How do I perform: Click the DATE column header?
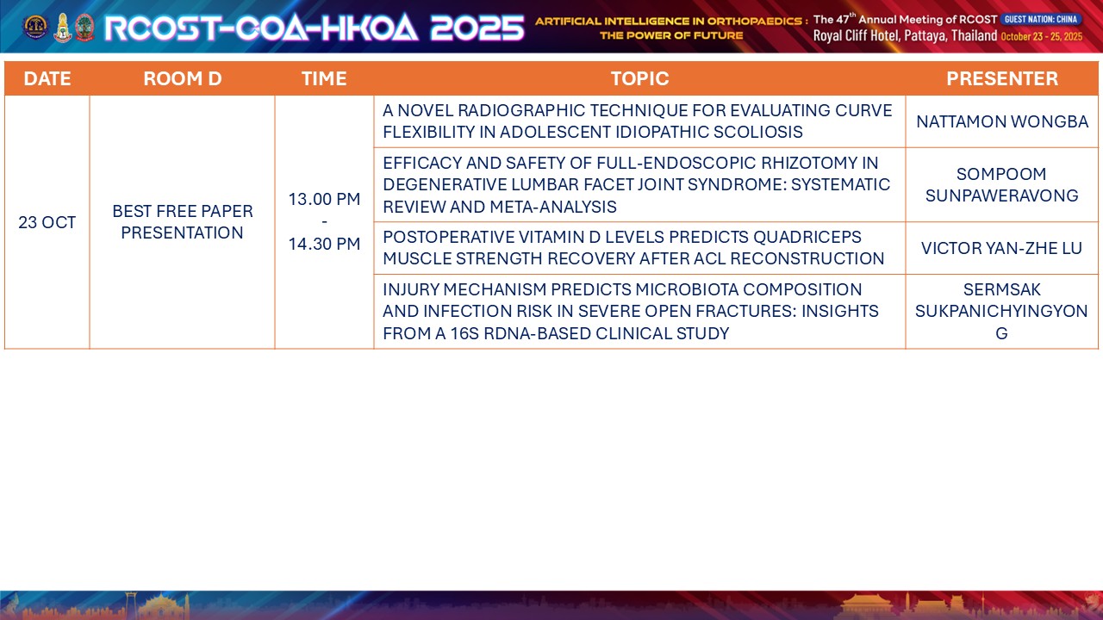point(47,78)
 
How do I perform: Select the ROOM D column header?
point(182,78)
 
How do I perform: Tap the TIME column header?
point(324,78)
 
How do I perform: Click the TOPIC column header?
point(639,78)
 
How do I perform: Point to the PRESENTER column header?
point(1002,78)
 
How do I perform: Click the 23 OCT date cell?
point(47,222)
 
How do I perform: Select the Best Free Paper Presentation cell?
point(182,222)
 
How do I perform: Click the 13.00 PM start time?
point(324,199)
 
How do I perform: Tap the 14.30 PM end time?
point(324,244)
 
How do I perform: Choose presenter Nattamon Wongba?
point(1002,121)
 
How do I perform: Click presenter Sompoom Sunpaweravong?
point(1001,184)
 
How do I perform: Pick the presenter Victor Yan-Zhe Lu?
point(1001,248)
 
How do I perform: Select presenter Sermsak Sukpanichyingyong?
point(1001,311)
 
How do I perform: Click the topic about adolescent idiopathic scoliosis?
point(637,121)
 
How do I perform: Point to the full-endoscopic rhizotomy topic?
point(636,184)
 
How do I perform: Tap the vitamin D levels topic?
point(633,247)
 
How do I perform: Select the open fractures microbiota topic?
point(630,311)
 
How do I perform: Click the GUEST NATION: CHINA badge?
point(1041,19)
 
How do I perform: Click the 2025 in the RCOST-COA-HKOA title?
point(477,28)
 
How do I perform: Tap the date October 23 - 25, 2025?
point(1042,36)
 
